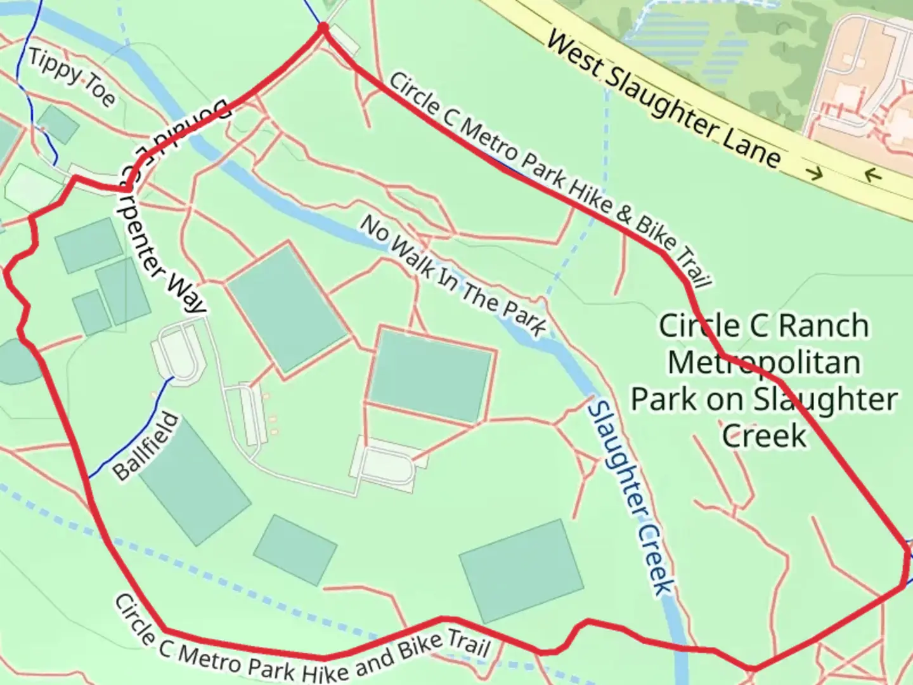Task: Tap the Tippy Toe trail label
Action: pos(72,77)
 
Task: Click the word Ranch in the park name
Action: pos(824,326)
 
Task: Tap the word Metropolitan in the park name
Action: pos(764,363)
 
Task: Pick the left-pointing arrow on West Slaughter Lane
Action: pos(873,174)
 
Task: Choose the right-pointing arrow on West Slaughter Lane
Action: pos(815,173)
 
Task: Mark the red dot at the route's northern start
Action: pos(323,28)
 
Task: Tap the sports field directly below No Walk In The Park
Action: pos(431,375)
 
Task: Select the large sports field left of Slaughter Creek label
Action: pos(521,570)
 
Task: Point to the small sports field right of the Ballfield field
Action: pos(295,549)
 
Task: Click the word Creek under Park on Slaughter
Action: pos(764,436)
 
